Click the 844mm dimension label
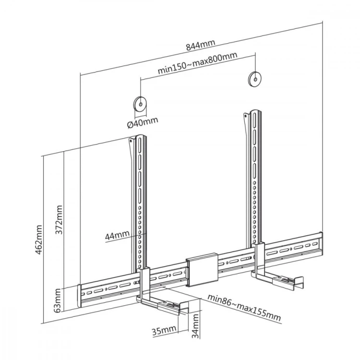coord(200,46)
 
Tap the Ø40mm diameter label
coord(142,123)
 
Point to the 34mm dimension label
coord(195,326)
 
